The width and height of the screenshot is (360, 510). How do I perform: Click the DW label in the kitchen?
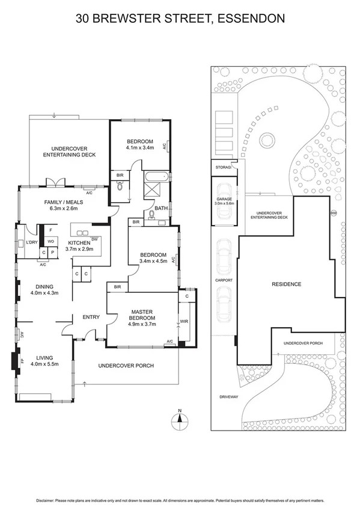94,239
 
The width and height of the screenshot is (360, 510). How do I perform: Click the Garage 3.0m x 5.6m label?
223,201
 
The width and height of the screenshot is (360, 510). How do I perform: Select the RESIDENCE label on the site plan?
286,284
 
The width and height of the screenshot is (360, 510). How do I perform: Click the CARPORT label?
224,280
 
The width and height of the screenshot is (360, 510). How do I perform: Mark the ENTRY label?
91,317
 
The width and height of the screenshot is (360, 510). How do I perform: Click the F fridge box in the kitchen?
50,230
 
